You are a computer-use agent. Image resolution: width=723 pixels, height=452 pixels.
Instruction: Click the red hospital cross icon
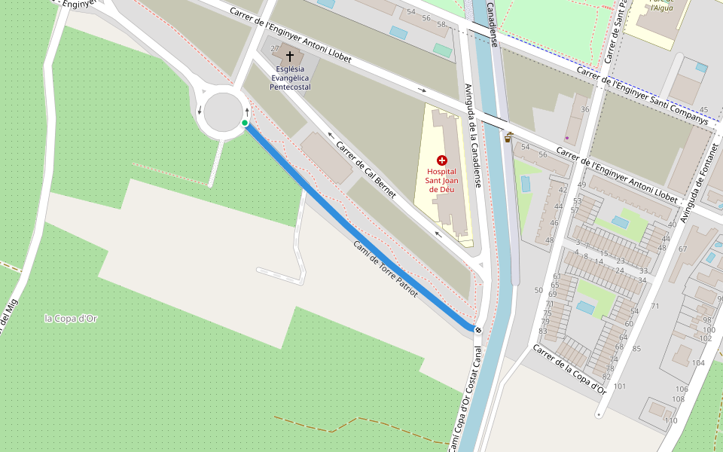[441, 160]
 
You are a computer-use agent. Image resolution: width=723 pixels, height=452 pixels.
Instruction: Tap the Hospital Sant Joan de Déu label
[441, 180]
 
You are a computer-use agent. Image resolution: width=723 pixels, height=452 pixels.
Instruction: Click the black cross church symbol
[289, 56]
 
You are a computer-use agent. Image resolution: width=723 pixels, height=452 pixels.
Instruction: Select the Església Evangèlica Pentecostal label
[291, 78]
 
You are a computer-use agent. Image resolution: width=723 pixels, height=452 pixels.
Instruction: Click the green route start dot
[245, 123]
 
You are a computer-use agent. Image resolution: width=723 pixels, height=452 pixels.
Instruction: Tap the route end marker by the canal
[477, 329]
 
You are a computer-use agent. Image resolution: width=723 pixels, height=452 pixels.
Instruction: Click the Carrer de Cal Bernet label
[365, 170]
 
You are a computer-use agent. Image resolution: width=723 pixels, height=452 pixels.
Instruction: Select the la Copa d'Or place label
[71, 319]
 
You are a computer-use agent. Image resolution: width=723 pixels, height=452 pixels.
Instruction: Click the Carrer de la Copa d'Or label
[569, 370]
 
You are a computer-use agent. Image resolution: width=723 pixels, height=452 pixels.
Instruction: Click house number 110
[671, 420]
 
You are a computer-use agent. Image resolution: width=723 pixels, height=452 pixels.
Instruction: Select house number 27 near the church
[275, 49]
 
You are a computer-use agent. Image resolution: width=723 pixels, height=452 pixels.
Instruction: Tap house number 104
[698, 363]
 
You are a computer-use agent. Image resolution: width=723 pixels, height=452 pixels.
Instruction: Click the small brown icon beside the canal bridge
[509, 137]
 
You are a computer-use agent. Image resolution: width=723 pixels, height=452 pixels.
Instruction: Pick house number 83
[543, 331]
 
